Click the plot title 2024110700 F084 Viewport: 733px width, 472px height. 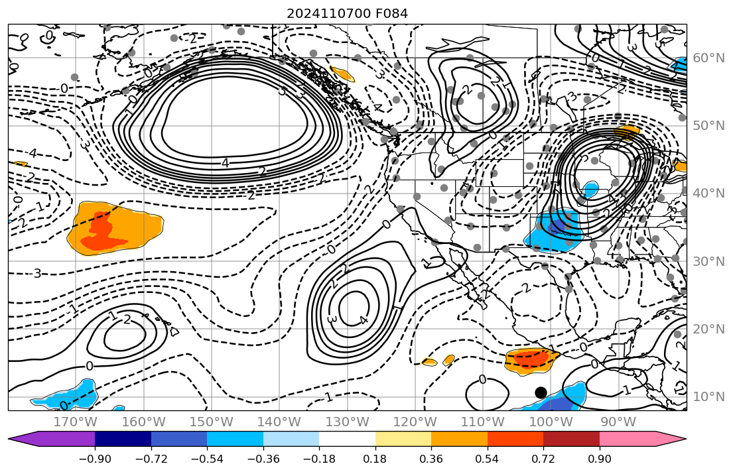(x=347, y=13)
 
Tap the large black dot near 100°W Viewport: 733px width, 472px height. (x=541, y=392)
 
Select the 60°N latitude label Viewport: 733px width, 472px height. (x=708, y=58)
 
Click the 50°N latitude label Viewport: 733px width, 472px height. (x=708, y=126)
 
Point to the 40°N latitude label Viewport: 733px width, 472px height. (x=708, y=194)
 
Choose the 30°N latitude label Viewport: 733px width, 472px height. (x=708, y=261)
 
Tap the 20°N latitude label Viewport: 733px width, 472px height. (x=708, y=329)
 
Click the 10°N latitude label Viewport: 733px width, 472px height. (x=708, y=397)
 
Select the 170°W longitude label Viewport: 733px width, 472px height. (x=75, y=422)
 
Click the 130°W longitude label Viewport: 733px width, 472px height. (x=349, y=422)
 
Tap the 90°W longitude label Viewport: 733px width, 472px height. (x=620, y=422)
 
